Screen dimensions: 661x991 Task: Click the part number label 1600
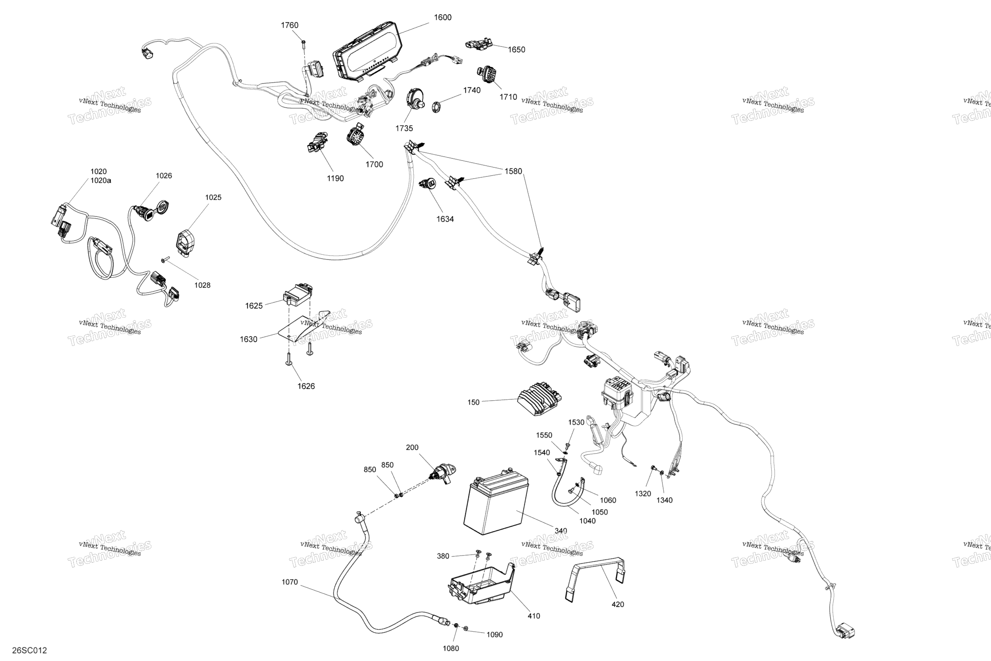[x=443, y=18]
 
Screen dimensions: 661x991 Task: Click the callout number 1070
[x=289, y=582]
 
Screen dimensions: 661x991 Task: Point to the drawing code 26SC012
[x=29, y=650]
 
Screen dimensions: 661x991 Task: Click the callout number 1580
[x=513, y=171]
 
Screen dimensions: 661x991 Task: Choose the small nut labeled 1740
[x=435, y=105]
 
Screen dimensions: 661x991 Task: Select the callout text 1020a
[x=101, y=181]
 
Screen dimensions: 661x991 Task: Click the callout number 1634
[x=445, y=219]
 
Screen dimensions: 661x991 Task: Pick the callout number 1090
[x=494, y=635]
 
